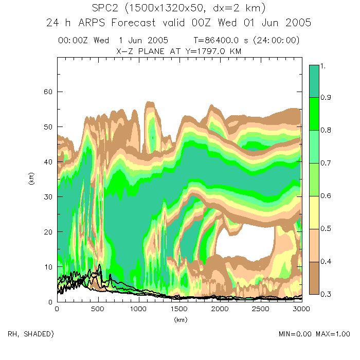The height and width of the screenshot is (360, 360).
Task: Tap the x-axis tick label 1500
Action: point(178,309)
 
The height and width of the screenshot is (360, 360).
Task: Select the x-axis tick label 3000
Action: point(301,309)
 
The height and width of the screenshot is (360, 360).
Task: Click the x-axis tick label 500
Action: point(97,309)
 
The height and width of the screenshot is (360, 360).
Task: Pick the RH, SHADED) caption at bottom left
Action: point(30,334)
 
